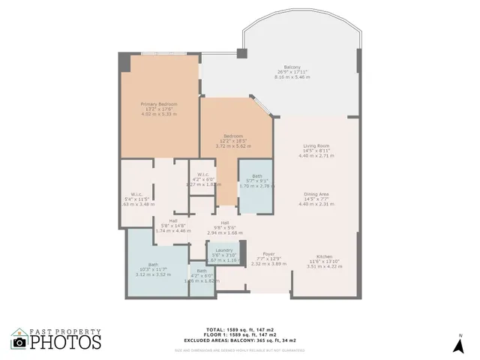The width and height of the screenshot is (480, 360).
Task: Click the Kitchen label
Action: (324, 256)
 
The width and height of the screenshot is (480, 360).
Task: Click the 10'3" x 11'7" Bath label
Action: (154, 264)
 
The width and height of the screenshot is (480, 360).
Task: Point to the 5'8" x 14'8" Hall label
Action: (167, 221)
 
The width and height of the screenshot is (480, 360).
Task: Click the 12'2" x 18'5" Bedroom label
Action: (233, 136)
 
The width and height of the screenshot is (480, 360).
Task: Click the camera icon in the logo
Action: (19, 342)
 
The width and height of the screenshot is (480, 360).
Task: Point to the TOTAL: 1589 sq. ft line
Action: (239, 329)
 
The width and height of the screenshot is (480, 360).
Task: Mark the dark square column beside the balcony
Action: (241, 55)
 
